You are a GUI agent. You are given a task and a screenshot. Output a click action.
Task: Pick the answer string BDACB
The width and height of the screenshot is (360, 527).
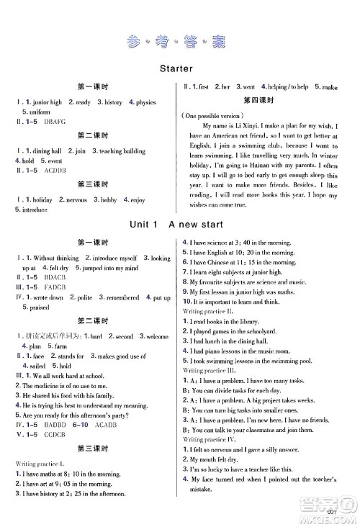coord(58,277)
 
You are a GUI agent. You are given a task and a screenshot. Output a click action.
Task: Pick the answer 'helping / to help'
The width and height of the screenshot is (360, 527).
coord(289,86)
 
